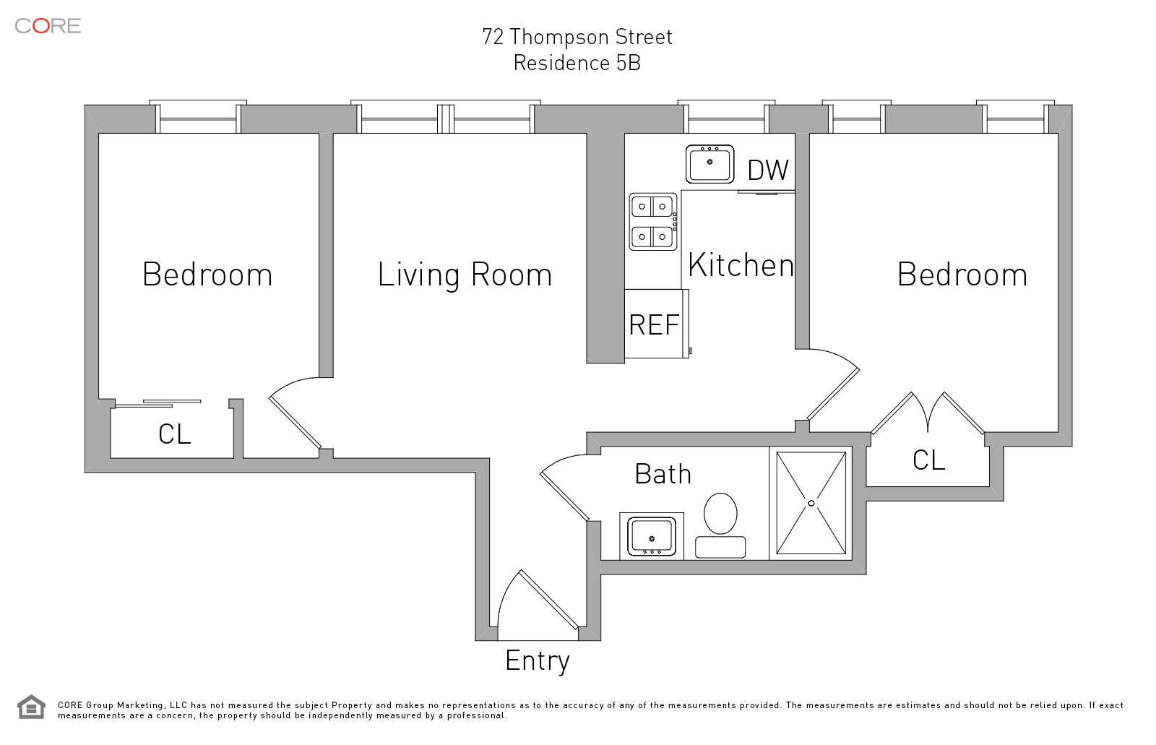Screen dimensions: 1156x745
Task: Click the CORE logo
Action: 48,26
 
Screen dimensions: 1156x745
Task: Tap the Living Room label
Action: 465,275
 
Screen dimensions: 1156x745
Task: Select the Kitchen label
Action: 741,265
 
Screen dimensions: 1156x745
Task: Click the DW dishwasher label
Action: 768,170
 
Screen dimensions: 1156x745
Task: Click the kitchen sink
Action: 709,163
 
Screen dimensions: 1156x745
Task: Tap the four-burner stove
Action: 653,222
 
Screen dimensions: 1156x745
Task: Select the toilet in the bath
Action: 720,525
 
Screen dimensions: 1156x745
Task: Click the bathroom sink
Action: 651,536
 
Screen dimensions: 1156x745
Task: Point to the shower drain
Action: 811,503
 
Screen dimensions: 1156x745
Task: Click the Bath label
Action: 663,474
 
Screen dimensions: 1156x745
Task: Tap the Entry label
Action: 538,661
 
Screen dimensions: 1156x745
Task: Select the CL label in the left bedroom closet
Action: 175,434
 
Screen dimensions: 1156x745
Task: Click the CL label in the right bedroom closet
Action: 929,460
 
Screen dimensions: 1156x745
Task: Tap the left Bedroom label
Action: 207,274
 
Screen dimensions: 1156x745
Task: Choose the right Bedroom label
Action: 962,274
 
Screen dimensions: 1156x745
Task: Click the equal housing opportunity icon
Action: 32,707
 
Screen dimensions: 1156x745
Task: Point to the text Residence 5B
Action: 577,63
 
